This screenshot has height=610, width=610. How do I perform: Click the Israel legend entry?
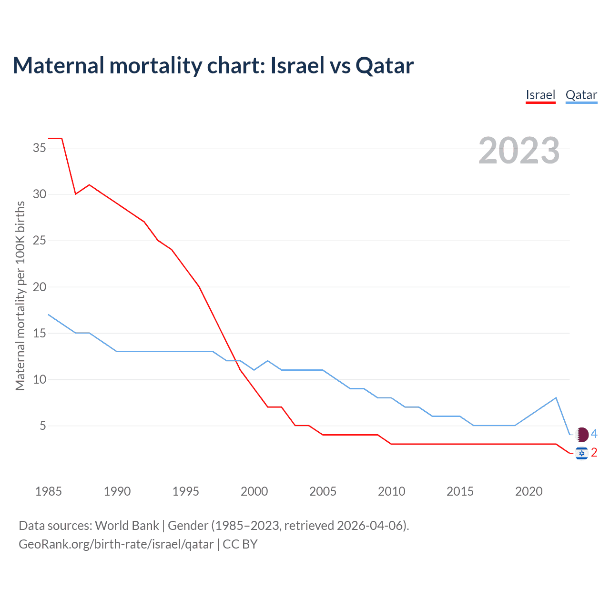tap(540, 95)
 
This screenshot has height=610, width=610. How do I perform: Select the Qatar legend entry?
tap(581, 95)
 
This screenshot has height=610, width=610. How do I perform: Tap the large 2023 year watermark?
tap(519, 151)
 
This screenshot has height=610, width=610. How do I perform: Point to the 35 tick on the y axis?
tap(40, 148)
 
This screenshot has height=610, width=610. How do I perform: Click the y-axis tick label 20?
tap(40, 287)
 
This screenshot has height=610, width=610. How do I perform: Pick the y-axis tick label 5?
tap(43, 426)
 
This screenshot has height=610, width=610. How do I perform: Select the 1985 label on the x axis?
tap(48, 491)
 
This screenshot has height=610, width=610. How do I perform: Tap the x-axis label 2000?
tap(254, 491)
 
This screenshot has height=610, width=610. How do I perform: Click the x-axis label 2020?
tap(529, 491)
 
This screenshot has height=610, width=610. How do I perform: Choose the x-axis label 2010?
tap(391, 491)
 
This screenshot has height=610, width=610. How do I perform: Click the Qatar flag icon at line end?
tap(582, 435)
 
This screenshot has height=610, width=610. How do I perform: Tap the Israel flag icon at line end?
tap(581, 453)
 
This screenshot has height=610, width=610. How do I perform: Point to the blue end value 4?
tap(594, 434)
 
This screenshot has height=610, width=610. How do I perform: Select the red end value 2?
tap(594, 452)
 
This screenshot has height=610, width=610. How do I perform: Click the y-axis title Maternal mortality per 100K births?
tap(20, 295)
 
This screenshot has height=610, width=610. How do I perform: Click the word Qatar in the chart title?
tap(385, 66)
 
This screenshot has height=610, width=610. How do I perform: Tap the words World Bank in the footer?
tap(127, 526)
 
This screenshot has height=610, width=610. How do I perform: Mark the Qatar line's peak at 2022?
tap(556, 398)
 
